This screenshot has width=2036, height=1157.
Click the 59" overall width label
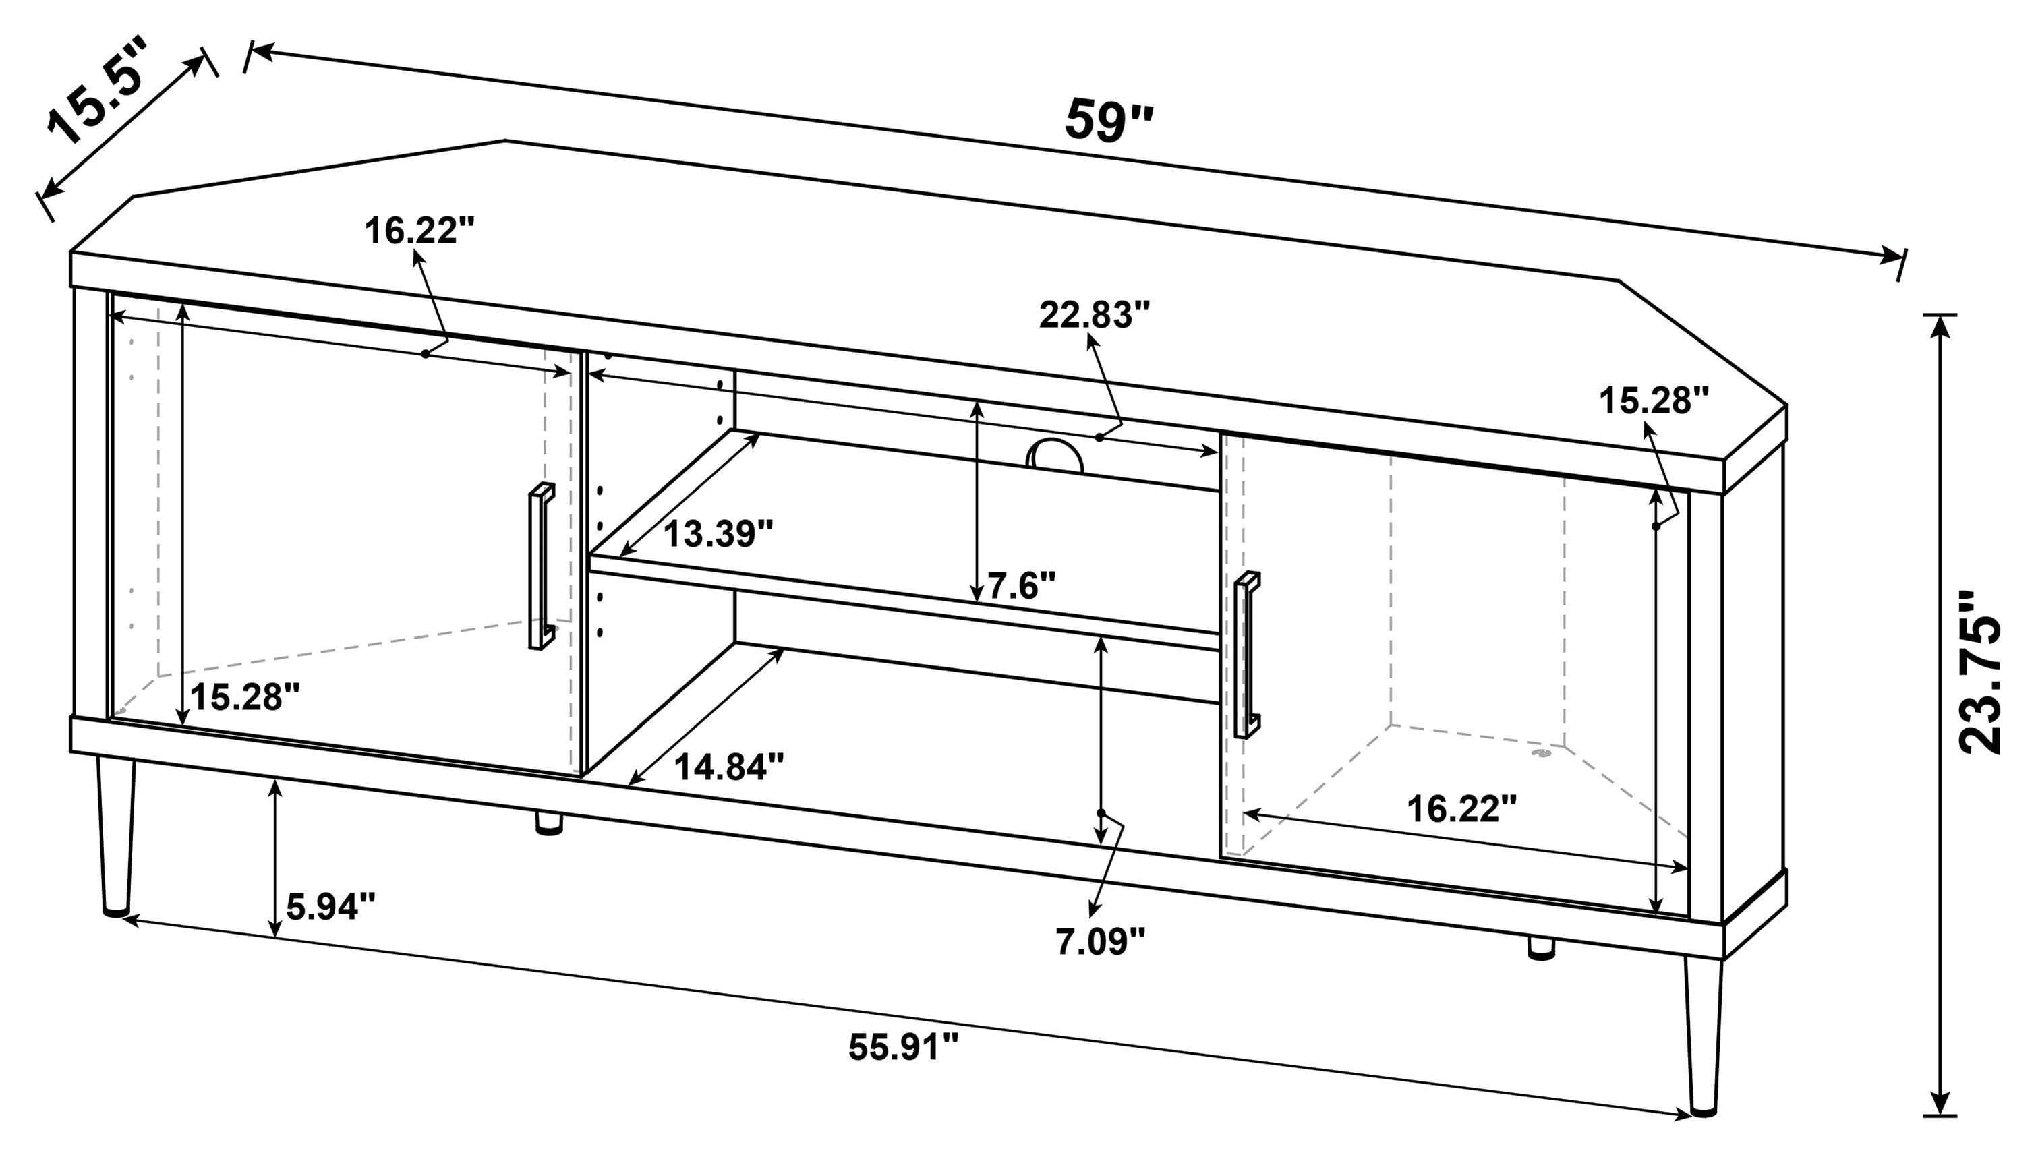pos(1108,121)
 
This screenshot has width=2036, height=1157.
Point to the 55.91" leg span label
pos(904,1046)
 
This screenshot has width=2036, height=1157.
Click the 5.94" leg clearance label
pos(330,906)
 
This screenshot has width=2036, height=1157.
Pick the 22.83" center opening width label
pos(1095,316)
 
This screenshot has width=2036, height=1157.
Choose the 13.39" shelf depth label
pos(718,534)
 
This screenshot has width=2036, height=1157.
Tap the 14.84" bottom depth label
pos(729,767)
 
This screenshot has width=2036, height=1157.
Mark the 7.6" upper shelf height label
pos(1021,587)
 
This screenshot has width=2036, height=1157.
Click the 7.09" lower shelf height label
pos(1101,942)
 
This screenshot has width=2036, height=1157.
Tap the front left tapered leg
pos(116,835)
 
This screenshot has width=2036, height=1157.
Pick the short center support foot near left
pos(548,822)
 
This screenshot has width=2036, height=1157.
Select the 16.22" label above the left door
pos(419,231)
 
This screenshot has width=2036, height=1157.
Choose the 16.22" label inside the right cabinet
pos(1461,809)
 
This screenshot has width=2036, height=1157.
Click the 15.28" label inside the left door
pos(245,698)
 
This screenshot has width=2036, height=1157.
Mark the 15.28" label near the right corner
pos(1654,401)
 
